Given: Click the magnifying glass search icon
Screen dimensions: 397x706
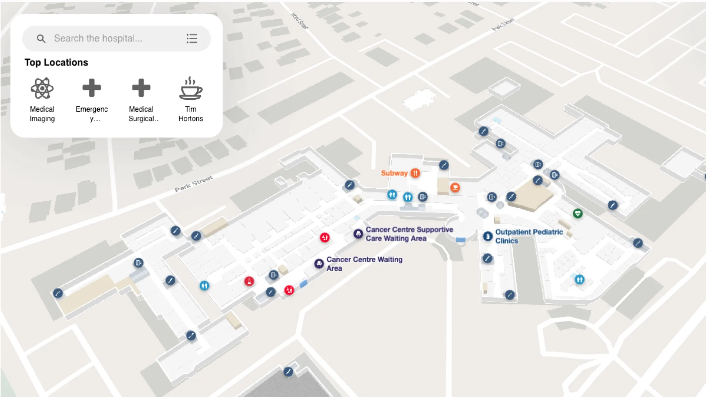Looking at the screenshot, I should [41, 39].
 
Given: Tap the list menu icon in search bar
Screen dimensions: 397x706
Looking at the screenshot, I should [192, 39].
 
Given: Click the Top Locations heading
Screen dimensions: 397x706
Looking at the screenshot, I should [56, 62].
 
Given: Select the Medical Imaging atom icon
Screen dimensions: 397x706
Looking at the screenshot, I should [42, 88].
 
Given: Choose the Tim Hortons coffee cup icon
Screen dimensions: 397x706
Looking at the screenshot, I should [190, 89].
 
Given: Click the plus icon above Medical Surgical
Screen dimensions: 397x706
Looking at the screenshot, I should [141, 88].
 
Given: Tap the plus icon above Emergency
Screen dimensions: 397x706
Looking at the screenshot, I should [92, 88].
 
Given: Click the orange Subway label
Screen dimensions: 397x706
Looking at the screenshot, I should [394, 173].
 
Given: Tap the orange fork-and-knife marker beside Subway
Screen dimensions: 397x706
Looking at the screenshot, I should [415, 173].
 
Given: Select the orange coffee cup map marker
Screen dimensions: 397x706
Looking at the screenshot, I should [455, 187].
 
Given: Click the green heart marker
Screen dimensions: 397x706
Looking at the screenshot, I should [578, 213].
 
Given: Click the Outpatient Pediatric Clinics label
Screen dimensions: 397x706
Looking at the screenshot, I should [529, 236].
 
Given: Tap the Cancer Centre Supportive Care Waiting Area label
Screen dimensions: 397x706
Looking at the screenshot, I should [409, 234].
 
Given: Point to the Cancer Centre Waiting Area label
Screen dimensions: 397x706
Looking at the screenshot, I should [364, 264].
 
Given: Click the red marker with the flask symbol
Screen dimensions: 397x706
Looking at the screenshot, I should [249, 281].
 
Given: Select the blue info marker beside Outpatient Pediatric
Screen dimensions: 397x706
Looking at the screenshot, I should [487, 236].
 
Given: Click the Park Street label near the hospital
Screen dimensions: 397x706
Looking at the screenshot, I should [194, 184].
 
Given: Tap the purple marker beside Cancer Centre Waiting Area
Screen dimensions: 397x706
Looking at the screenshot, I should [319, 264].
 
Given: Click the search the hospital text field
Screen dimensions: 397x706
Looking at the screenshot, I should [116, 39].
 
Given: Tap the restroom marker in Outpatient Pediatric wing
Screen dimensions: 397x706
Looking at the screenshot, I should [579, 279].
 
